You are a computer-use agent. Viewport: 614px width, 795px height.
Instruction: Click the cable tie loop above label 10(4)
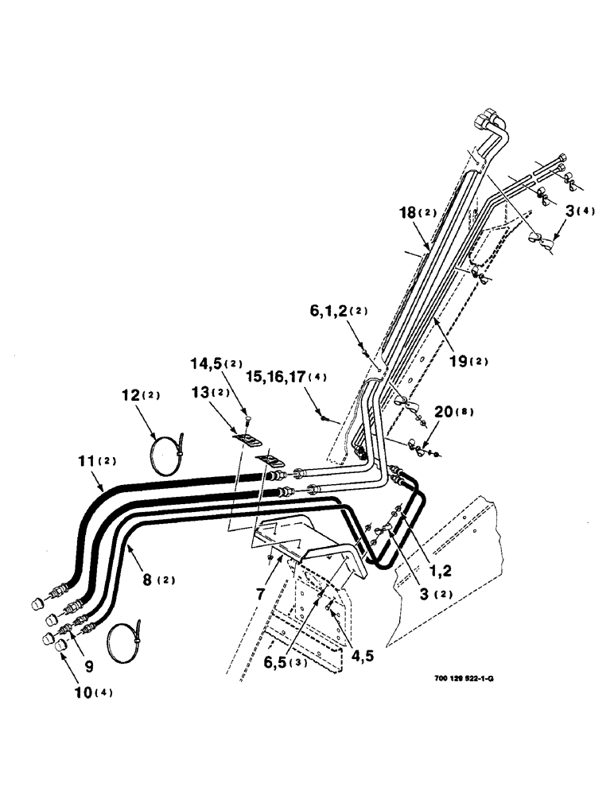click(x=124, y=639)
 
